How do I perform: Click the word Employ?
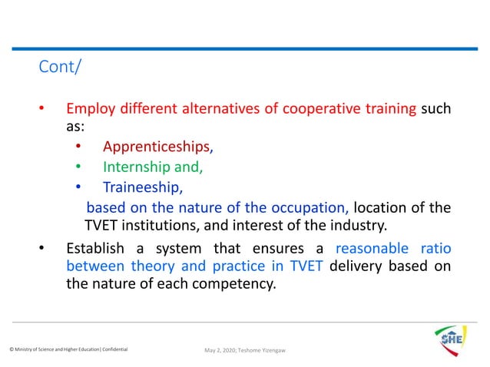coord(88,109)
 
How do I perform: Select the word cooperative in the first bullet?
coord(316,109)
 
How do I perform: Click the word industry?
coord(361,226)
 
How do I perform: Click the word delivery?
coord(359,266)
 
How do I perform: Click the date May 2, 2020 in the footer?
coord(222,351)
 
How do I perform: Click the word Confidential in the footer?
coord(112,350)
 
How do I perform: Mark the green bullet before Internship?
coord(78,166)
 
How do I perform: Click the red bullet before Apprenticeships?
coord(78,146)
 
